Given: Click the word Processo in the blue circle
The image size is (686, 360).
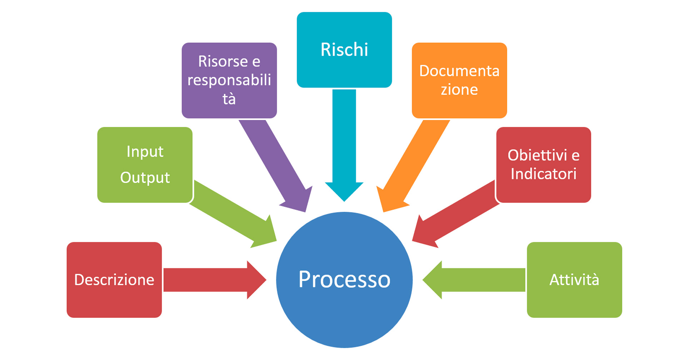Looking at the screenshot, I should click(344, 279).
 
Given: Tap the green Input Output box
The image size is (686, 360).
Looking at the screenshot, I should click(145, 164).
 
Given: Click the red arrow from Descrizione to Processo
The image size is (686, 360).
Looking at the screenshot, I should click(211, 280).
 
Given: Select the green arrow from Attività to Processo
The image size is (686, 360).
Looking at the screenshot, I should click(475, 280).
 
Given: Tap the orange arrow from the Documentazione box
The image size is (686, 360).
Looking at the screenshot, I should click(414, 164).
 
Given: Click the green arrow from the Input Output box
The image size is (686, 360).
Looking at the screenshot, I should click(232, 214).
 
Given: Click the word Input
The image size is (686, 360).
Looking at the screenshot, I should click(145, 152).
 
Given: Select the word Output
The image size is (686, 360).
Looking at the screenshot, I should click(145, 177).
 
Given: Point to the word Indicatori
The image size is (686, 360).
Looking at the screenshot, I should click(543, 174).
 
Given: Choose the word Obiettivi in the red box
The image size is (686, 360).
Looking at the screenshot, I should click(537, 155).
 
